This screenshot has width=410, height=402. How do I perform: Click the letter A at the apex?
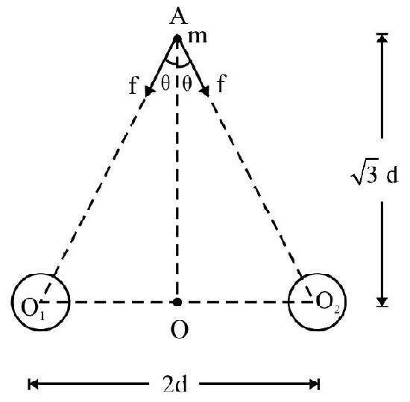(x=179, y=16)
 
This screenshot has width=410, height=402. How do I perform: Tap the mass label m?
(x=198, y=36)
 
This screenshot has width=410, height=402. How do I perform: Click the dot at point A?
(x=177, y=39)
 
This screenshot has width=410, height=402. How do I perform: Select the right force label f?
(x=221, y=83)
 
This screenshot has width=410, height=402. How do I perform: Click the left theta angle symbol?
(x=165, y=83)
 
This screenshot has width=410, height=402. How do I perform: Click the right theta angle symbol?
(x=186, y=83)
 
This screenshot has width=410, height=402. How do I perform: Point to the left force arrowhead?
(x=148, y=91)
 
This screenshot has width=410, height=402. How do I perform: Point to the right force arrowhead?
(x=205, y=91)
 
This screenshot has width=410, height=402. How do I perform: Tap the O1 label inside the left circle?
(x=33, y=308)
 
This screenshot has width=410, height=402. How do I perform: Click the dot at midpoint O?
(x=177, y=302)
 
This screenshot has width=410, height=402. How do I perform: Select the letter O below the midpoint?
(x=180, y=330)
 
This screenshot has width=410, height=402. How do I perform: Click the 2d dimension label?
(x=175, y=384)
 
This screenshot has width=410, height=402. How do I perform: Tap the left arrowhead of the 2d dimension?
(x=33, y=384)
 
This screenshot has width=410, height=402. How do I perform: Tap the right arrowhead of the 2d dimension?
(x=314, y=384)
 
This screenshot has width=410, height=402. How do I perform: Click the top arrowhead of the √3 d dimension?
(x=382, y=38)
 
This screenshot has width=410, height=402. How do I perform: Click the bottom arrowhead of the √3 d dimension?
(x=382, y=301)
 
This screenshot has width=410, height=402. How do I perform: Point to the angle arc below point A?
(x=177, y=65)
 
